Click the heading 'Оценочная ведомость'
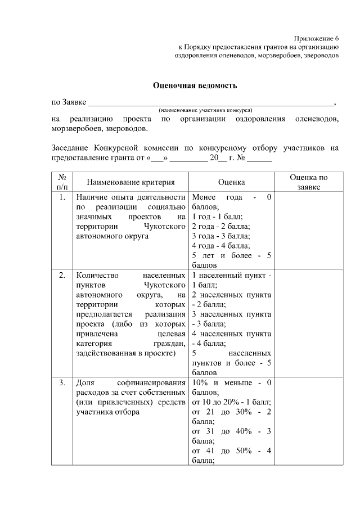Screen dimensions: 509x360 pyautogui.click(x=195, y=85)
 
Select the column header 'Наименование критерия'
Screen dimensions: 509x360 pyautogui.click(x=130, y=182)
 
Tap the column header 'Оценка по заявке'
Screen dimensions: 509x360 pyautogui.click(x=308, y=182)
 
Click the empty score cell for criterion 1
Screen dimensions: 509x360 pyautogui.click(x=308, y=231)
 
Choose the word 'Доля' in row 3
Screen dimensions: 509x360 pyautogui.click(x=85, y=383)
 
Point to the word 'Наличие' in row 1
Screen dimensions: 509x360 pyautogui.click(x=91, y=197)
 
